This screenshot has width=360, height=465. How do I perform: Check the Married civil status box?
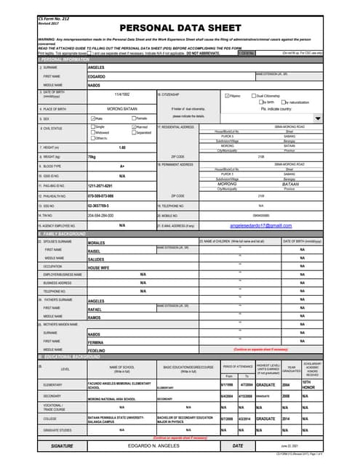click(x=134, y=127)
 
